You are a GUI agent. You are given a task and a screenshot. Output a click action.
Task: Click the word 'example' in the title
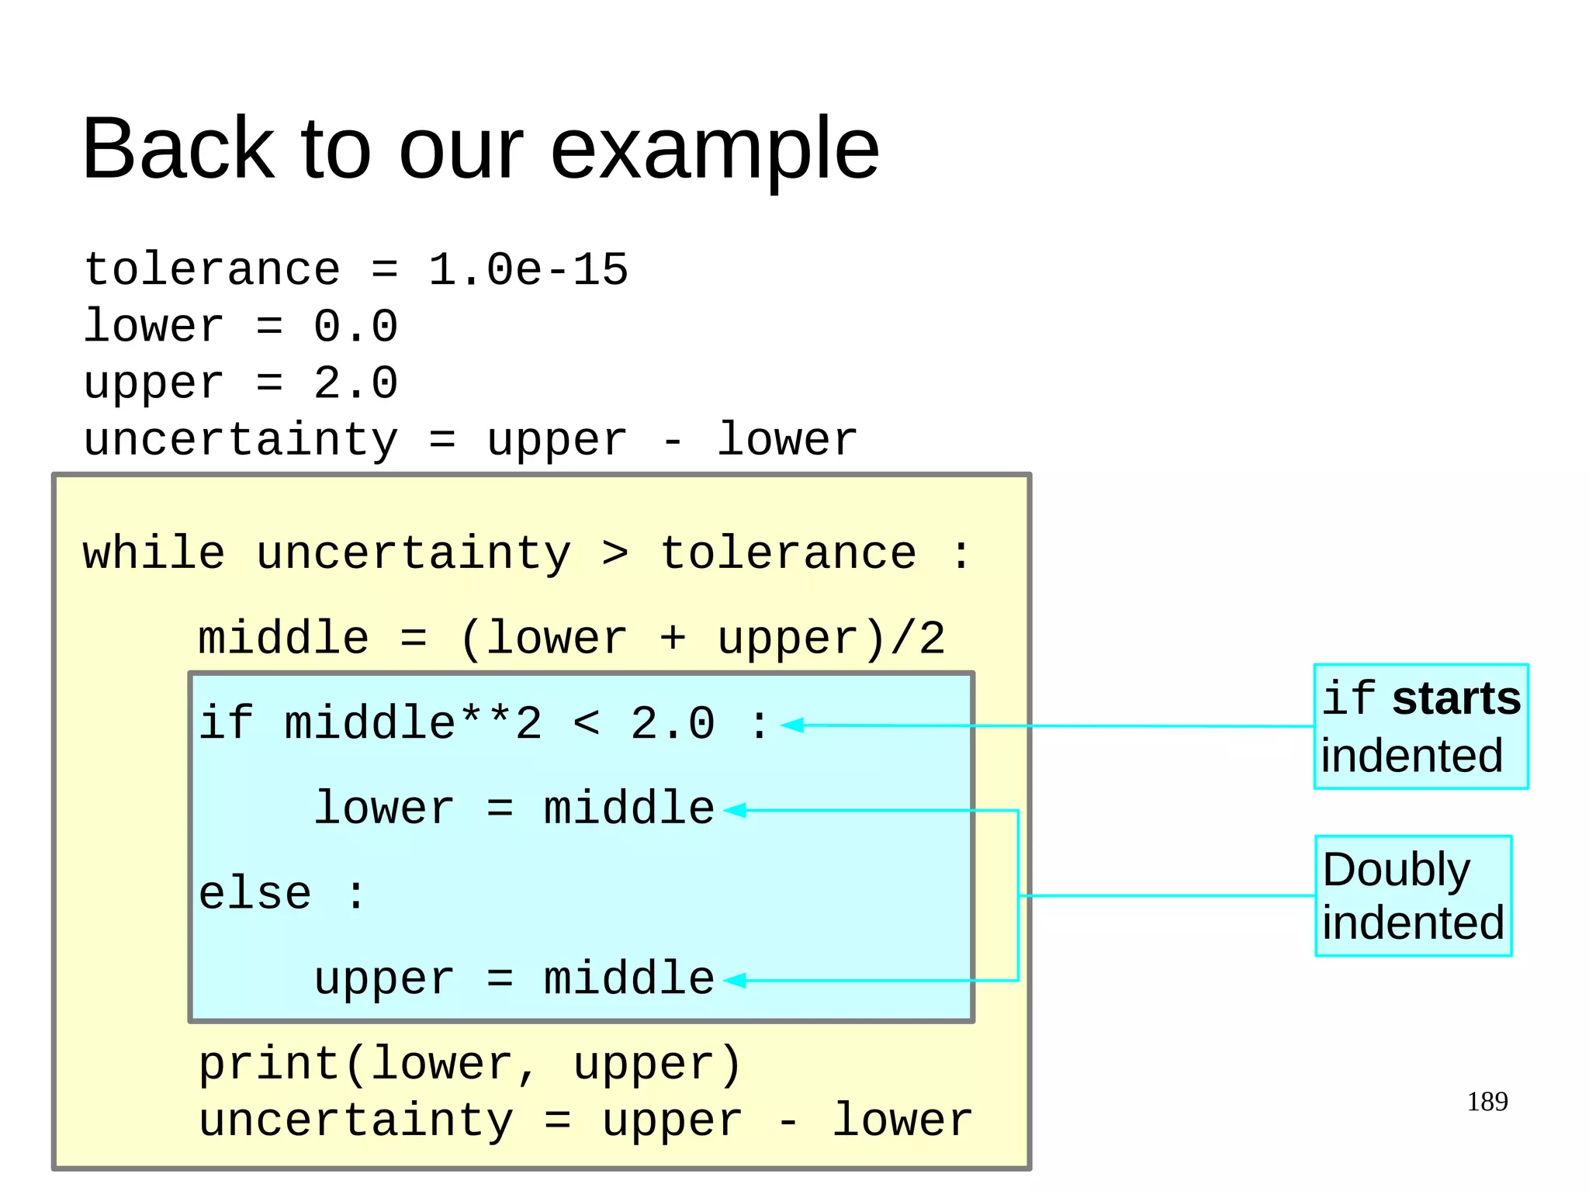[x=714, y=149]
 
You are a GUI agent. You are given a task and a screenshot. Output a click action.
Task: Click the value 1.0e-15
[x=528, y=270]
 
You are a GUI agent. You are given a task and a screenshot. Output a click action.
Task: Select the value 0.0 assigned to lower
[x=355, y=326]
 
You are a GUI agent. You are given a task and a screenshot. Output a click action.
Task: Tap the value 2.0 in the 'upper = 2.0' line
[x=355, y=383]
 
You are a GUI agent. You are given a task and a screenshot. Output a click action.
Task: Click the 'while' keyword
[x=154, y=554]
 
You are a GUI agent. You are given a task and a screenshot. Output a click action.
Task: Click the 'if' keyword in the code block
[x=226, y=723]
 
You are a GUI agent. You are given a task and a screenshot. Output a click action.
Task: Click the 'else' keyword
[x=254, y=894]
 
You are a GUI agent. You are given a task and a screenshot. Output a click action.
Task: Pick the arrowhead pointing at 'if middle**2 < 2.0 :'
[x=791, y=725]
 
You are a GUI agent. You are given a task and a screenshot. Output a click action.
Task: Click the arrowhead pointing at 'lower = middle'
[x=734, y=810]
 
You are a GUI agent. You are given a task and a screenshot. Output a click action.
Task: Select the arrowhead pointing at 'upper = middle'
[x=734, y=981]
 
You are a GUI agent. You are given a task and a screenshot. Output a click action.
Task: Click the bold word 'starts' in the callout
[x=1456, y=698]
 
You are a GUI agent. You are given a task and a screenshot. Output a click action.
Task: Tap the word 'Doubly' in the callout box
[x=1396, y=870]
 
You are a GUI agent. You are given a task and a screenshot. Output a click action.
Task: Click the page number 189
[x=1487, y=1102]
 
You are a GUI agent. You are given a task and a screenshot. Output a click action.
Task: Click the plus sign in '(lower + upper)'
[x=672, y=639]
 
